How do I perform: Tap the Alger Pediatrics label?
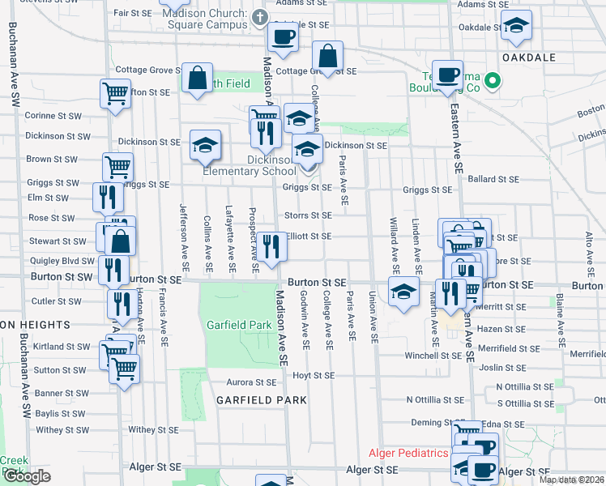[x=408, y=453]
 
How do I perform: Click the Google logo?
[x=26, y=476]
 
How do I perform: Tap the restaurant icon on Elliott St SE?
[x=272, y=246]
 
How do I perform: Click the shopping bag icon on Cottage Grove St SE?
[x=328, y=56]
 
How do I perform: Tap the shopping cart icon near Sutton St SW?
[x=125, y=368]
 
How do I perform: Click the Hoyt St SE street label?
[x=313, y=376]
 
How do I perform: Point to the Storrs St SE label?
[x=308, y=215]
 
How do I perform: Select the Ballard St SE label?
[x=492, y=178]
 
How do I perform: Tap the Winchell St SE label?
[x=433, y=356]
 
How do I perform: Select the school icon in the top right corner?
[x=515, y=25]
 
